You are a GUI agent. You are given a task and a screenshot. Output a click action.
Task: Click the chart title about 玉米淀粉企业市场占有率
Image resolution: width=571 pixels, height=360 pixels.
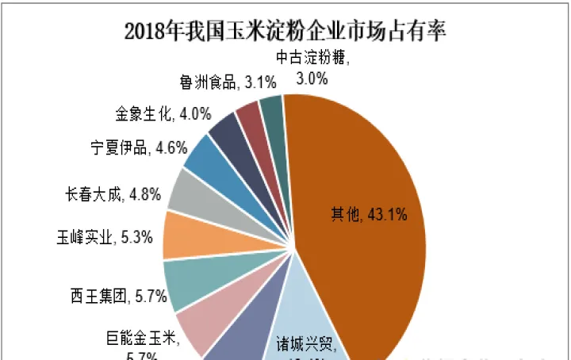[x=285, y=32]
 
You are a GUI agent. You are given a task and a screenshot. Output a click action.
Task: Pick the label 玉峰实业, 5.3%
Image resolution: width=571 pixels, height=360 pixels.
[x=104, y=237]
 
